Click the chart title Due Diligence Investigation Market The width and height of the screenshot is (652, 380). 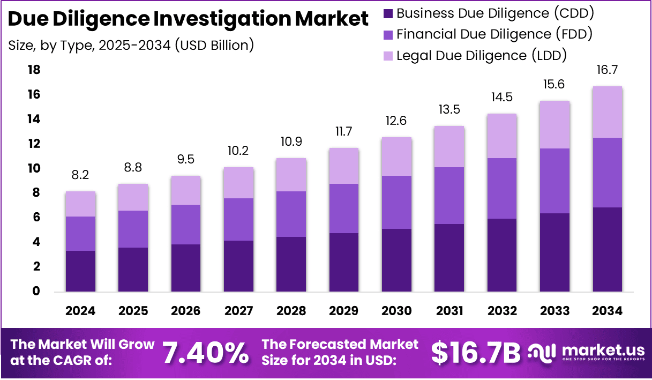tap(189, 20)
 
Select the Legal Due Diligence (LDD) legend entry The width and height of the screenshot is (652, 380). tap(481, 55)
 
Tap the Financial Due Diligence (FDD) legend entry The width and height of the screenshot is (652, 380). tap(493, 34)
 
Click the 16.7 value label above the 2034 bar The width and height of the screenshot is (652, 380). tap(608, 70)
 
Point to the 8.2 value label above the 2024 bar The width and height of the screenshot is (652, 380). tap(80, 175)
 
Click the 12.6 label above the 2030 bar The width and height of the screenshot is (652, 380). tap(396, 121)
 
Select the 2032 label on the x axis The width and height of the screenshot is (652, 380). tap(502, 311)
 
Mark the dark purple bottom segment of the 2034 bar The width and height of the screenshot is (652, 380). tap(608, 249)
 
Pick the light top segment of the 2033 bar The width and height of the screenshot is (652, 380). tap(554, 125)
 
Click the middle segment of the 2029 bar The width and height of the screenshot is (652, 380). tap(343, 208)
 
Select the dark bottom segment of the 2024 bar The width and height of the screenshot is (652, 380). tap(80, 271)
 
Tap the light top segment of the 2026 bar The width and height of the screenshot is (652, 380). tap(186, 190)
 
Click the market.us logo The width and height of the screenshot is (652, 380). tap(587, 352)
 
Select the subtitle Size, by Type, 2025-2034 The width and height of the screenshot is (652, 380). tap(131, 46)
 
